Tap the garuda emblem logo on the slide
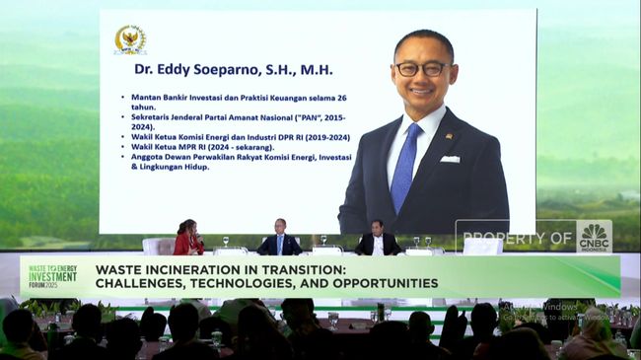pyautogui.click(x=129, y=39)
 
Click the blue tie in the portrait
pyautogui.click(x=404, y=167)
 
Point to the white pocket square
pyautogui.click(x=450, y=158)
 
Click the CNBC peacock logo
pyautogui.click(x=594, y=238)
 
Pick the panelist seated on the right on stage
pyautogui.click(x=377, y=240)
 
